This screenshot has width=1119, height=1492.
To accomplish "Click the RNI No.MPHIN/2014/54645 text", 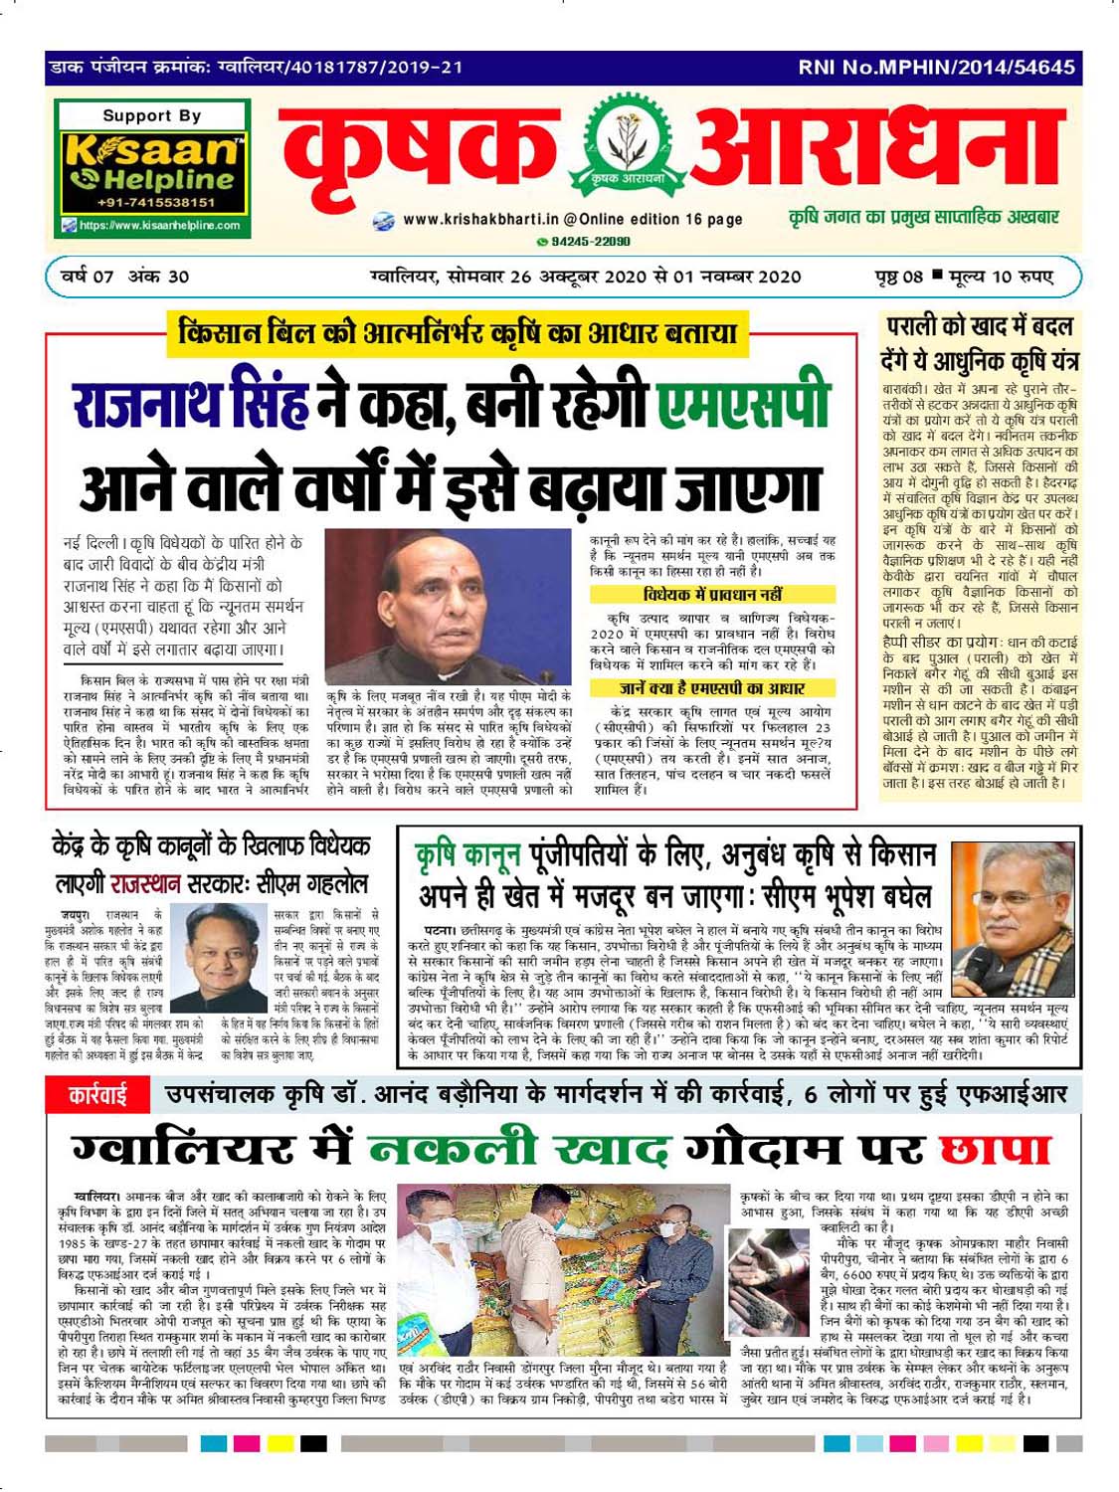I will [936, 68].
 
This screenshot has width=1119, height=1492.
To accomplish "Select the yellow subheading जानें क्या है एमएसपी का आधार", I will [712, 688].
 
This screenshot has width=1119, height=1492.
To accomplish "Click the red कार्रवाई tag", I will [96, 1096].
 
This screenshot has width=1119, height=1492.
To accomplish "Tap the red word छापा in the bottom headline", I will [995, 1150].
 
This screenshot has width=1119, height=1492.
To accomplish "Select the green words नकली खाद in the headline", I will [518, 1150].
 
